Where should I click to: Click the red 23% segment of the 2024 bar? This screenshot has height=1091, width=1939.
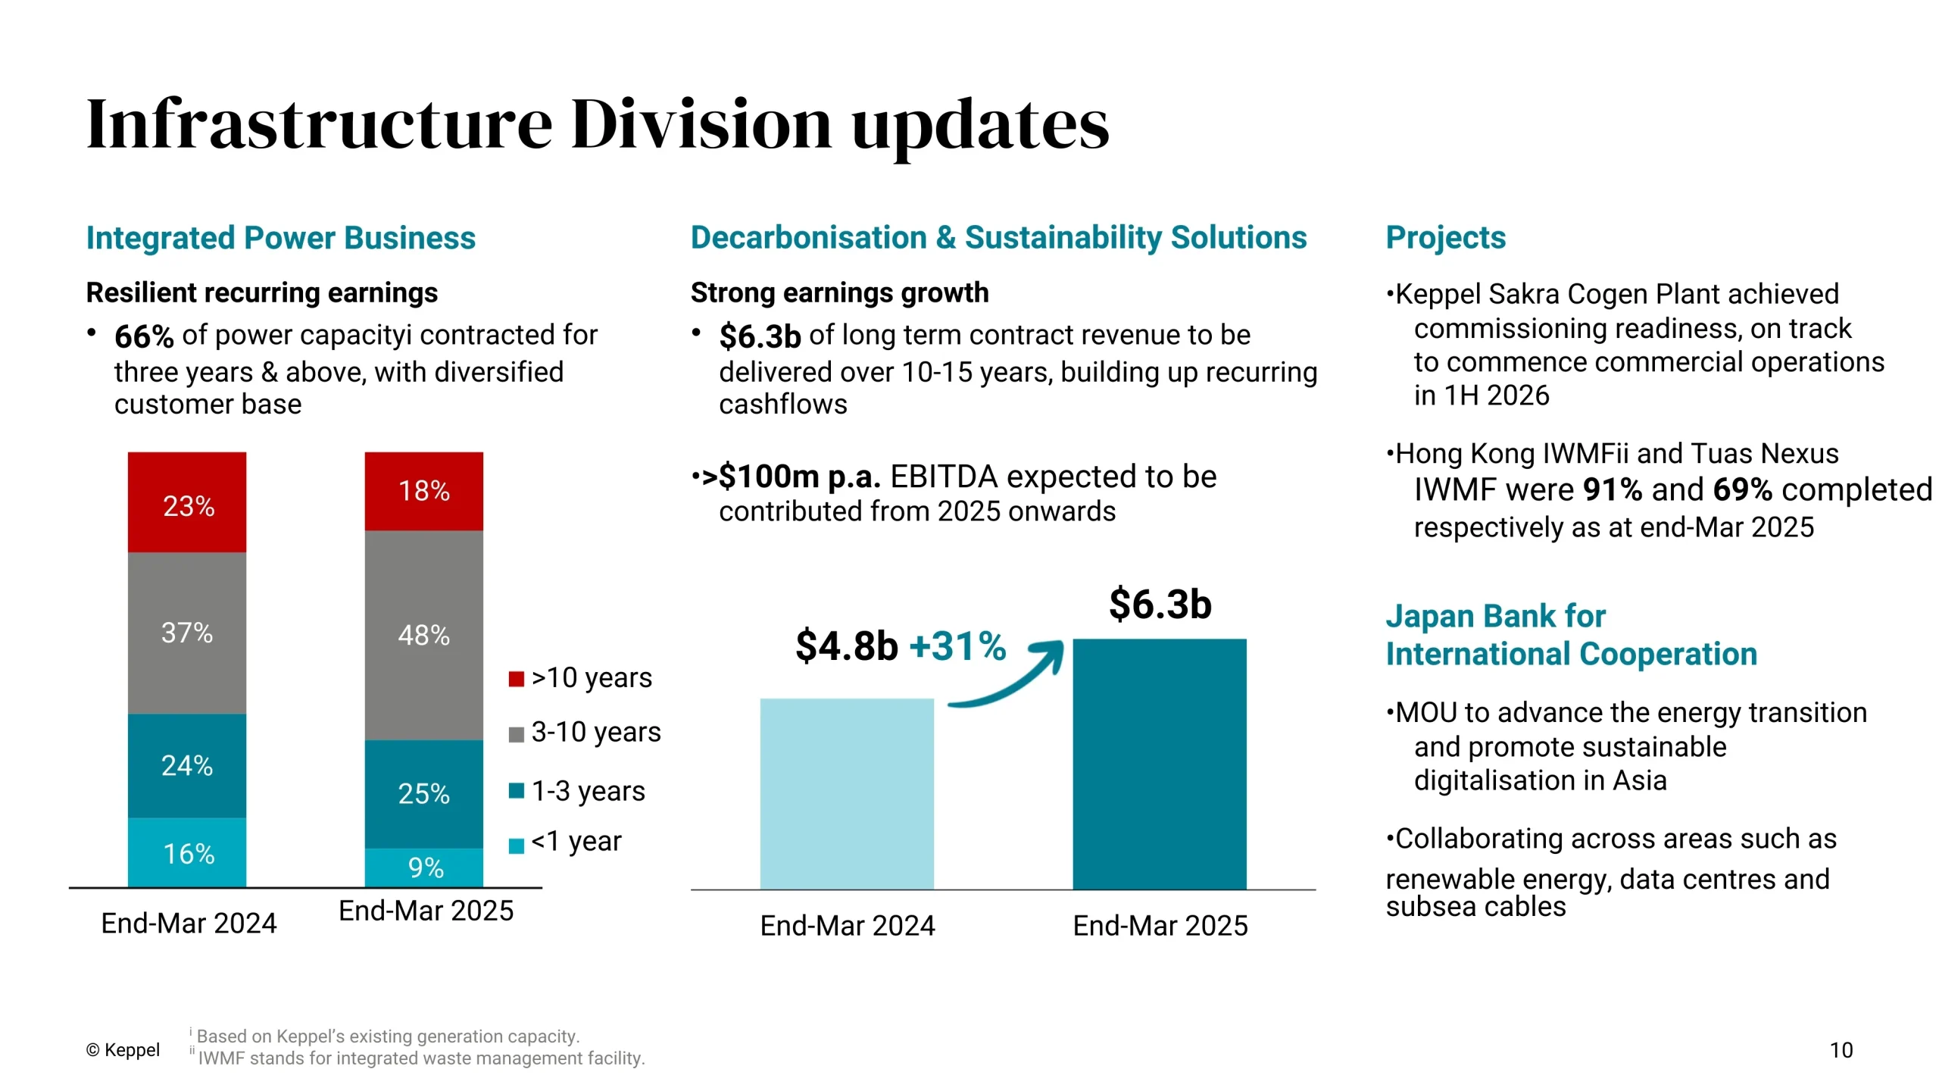[186, 502]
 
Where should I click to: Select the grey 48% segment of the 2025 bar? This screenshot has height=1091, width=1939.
[423, 634]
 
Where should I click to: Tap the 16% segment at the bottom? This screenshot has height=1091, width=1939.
[186, 852]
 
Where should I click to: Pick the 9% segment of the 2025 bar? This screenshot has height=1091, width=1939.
[423, 867]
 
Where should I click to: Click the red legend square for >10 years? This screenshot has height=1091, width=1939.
[516, 678]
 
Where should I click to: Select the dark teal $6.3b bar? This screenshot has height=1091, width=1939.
[1159, 763]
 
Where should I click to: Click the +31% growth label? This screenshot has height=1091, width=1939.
[957, 646]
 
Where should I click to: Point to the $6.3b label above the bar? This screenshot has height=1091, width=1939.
[1160, 604]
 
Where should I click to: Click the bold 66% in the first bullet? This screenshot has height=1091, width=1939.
[144, 336]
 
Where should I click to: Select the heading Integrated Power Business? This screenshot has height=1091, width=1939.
[280, 238]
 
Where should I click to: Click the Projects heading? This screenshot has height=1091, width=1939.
[1445, 237]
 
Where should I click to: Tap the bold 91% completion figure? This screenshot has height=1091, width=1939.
[1612, 490]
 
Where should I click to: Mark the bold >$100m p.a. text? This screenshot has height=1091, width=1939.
[792, 477]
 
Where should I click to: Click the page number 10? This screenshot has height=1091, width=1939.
[1841, 1050]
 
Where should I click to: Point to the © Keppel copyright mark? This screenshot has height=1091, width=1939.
[123, 1050]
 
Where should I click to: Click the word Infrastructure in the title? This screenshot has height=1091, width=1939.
[320, 123]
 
